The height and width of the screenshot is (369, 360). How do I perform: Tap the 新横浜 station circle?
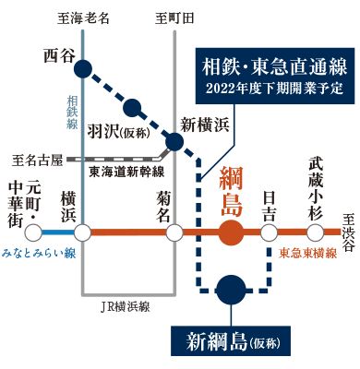click(x=174, y=141)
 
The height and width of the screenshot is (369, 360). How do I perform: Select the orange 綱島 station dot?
click(x=231, y=231)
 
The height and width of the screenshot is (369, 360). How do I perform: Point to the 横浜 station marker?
click(x=83, y=231)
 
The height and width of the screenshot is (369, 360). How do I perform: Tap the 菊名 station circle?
click(x=174, y=231)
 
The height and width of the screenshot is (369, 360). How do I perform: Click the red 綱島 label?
click(x=231, y=190)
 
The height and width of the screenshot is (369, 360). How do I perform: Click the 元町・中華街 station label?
click(x=21, y=201)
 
